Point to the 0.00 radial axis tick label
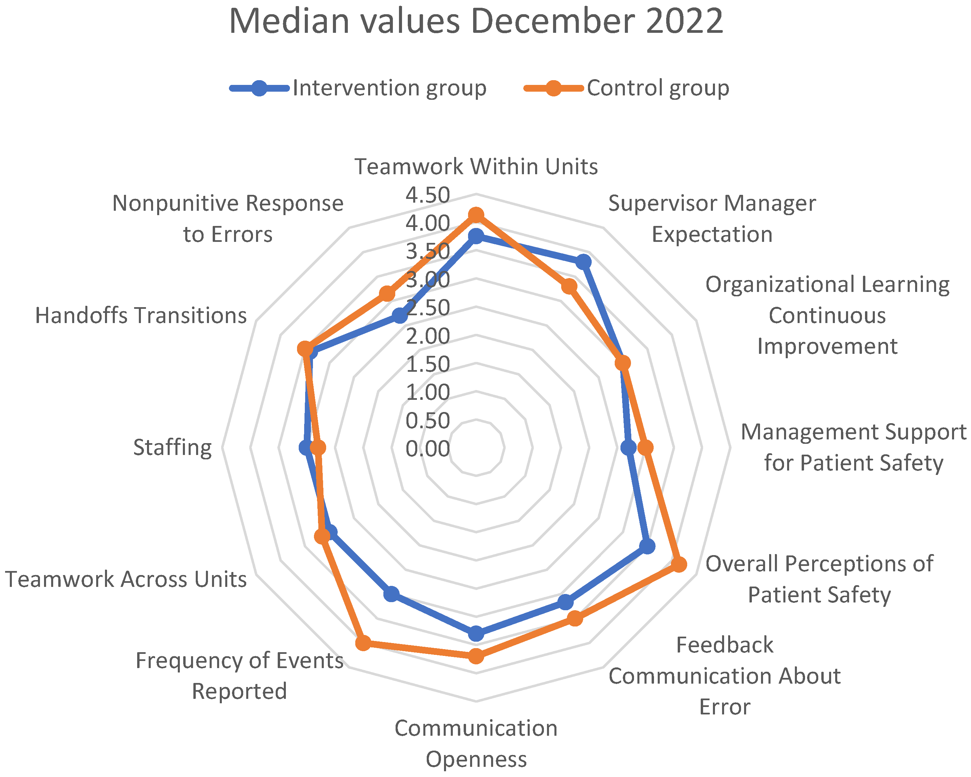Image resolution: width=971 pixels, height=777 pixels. point(427,449)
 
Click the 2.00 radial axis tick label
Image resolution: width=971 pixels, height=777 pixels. point(427,336)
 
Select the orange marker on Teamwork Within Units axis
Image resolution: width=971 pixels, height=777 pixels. point(476,215)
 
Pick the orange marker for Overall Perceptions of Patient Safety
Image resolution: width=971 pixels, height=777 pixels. point(679,564)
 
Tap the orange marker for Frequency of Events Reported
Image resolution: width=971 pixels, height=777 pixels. point(363,642)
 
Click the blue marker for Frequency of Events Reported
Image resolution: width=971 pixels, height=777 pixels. point(392,594)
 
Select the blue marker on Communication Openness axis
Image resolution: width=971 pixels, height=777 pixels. point(476,634)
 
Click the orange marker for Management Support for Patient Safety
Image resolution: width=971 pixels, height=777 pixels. point(646,447)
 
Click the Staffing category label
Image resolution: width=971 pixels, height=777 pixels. point(172,448)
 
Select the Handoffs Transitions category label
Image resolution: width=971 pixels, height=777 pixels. point(141,315)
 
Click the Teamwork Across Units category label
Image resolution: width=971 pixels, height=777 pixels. point(126,579)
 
